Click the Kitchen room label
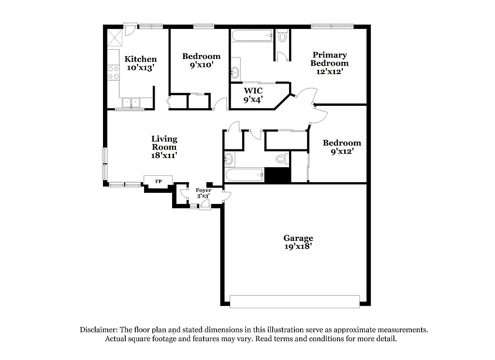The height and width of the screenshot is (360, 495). pyautogui.click(x=141, y=59)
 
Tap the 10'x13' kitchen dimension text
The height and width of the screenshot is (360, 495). pyautogui.click(x=141, y=68)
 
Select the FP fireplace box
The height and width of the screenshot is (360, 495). pyautogui.click(x=158, y=181)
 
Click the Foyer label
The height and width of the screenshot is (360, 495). pyautogui.click(x=203, y=190)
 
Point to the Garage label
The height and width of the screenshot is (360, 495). pyautogui.click(x=298, y=238)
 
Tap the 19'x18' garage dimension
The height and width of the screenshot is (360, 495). pyautogui.click(x=298, y=246)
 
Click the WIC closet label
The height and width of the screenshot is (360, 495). pyautogui.click(x=253, y=91)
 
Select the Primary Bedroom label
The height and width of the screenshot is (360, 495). pyautogui.click(x=329, y=59)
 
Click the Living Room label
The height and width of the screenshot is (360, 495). pyautogui.click(x=164, y=143)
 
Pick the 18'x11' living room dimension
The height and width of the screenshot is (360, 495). pyautogui.click(x=164, y=156)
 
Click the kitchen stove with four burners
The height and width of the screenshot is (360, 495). pyautogui.click(x=114, y=72)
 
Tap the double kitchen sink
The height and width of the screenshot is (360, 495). pyautogui.click(x=131, y=102)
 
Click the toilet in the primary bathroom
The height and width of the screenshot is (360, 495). pyautogui.click(x=283, y=35)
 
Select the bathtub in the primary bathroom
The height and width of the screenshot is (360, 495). pyautogui.click(x=252, y=36)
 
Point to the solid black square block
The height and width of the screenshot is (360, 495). pyautogui.click(x=277, y=175)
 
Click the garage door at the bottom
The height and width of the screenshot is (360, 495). pyautogui.click(x=294, y=301)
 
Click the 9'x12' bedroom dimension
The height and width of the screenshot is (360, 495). pyautogui.click(x=342, y=151)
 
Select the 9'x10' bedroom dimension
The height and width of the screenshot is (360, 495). pyautogui.click(x=201, y=65)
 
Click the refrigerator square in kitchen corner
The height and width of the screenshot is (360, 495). pyautogui.click(x=114, y=37)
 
